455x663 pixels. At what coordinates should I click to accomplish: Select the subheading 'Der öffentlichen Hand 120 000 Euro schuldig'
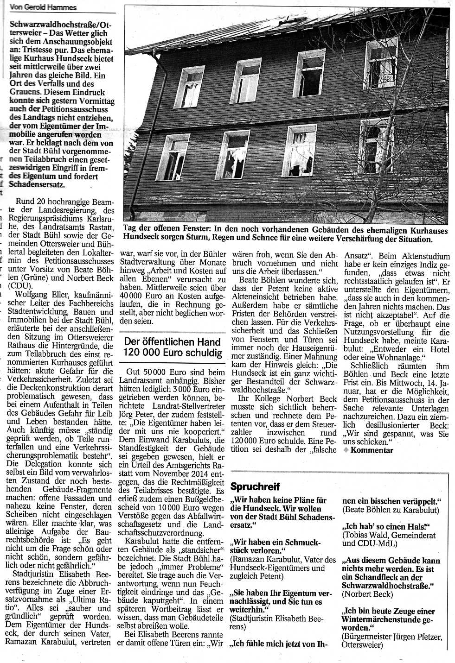171,347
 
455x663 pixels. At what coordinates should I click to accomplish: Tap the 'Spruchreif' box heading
255,486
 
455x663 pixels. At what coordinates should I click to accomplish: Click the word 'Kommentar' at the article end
372,450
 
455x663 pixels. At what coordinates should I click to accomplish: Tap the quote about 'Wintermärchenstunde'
388,619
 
